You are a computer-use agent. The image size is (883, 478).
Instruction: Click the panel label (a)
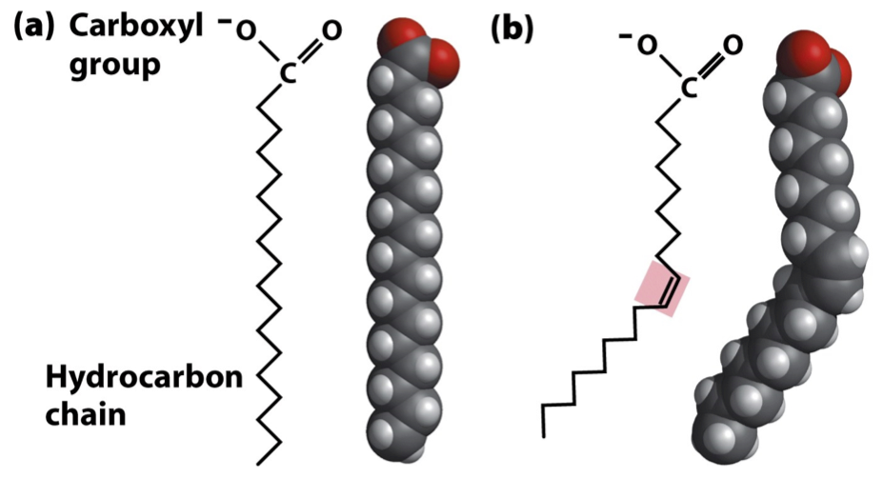coord(35,28)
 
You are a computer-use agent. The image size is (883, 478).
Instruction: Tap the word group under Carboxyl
coord(110,68)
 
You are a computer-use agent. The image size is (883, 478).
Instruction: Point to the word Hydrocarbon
coord(145,379)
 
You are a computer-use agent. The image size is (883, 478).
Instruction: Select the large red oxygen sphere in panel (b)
coord(802,53)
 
